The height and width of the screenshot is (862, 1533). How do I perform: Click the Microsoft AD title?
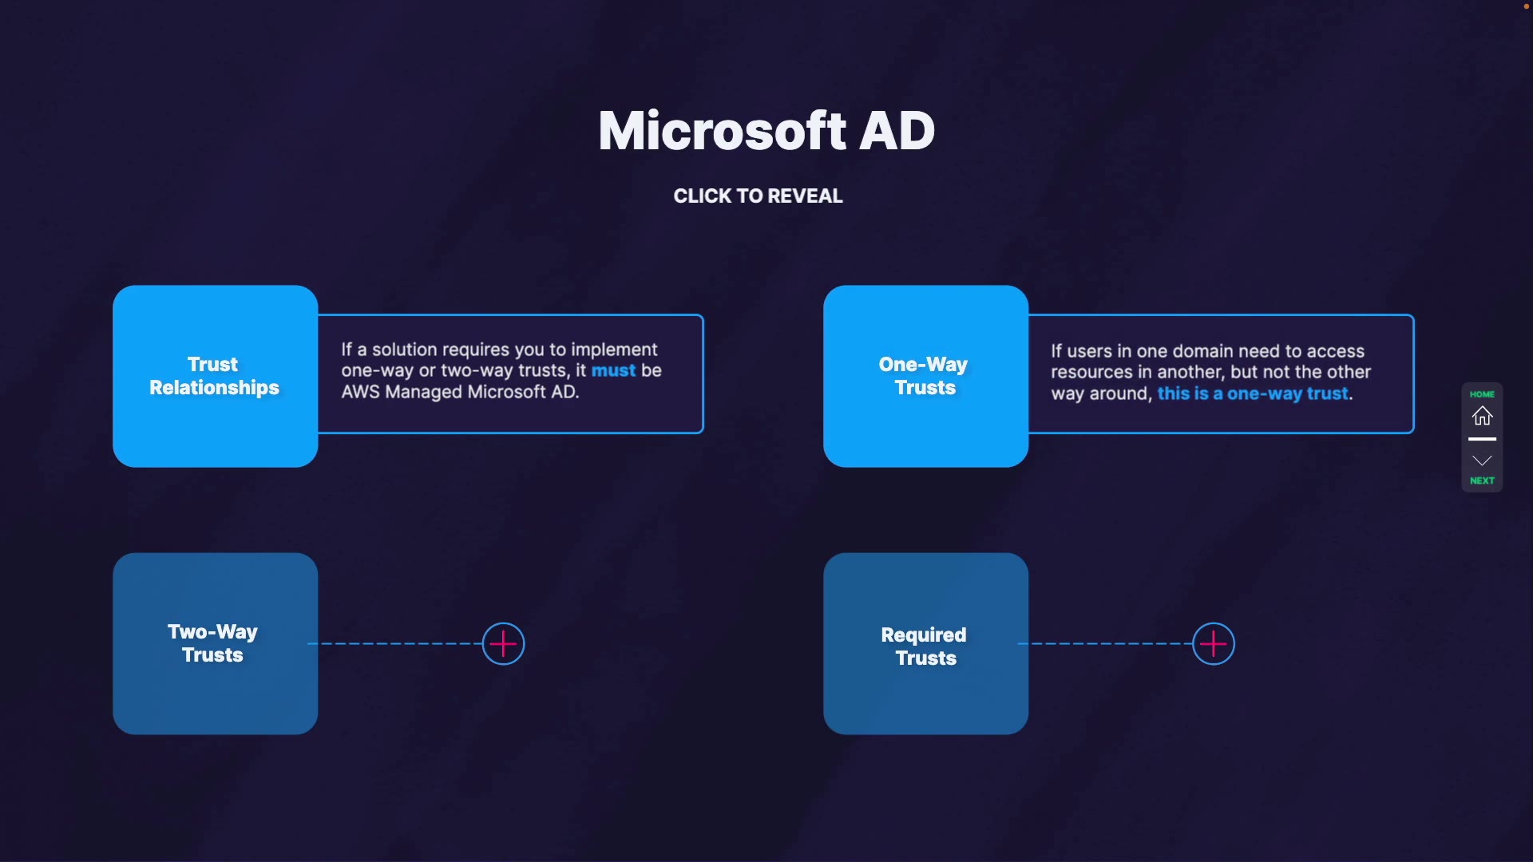766,131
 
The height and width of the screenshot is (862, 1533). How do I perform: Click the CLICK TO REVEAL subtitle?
758,196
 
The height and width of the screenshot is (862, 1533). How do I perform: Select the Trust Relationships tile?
215,376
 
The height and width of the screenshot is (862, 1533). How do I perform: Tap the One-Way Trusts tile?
925,376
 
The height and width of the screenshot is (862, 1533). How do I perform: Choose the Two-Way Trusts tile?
215,643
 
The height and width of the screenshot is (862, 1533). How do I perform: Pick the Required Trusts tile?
925,643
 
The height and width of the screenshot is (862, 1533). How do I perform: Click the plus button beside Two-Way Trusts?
503,644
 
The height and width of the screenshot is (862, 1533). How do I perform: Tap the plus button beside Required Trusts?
1214,644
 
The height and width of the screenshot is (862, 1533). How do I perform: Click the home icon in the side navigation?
1482,416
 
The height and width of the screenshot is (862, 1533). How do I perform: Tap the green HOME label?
1482,394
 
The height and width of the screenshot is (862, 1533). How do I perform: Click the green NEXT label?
1482,480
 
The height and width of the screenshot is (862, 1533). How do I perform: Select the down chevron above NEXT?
1482,461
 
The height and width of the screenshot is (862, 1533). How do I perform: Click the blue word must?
613,370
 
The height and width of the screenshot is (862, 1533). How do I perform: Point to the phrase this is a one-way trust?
1253,393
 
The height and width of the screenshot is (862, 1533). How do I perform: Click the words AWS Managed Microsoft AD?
459,392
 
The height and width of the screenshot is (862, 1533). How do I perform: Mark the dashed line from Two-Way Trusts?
395,643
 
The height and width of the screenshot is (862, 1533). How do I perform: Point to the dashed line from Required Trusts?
1106,643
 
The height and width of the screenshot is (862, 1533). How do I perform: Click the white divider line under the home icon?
1482,439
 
